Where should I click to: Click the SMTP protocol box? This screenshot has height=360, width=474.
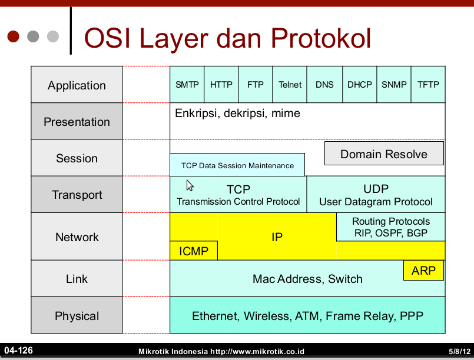187,85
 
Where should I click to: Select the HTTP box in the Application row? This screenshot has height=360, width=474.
221,85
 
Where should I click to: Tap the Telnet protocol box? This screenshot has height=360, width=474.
290,85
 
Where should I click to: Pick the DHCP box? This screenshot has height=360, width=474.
359,85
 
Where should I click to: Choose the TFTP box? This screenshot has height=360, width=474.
428,85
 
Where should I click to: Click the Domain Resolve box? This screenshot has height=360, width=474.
384,154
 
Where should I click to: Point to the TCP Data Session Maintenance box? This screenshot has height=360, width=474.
237,165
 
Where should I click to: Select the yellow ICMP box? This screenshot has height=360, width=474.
194,251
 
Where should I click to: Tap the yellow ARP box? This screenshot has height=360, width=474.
423,271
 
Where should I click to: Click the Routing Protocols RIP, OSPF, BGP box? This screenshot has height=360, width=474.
391,227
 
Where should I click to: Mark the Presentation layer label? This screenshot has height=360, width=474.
77,122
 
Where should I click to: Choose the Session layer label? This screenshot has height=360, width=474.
77,158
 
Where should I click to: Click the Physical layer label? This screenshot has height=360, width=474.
77,316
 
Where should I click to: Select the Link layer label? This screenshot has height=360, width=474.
77,279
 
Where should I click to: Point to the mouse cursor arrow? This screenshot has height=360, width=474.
190,186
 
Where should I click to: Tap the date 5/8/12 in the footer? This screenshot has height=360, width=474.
459,351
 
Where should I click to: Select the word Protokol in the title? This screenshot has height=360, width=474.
321,38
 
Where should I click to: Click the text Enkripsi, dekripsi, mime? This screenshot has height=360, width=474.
237,113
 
